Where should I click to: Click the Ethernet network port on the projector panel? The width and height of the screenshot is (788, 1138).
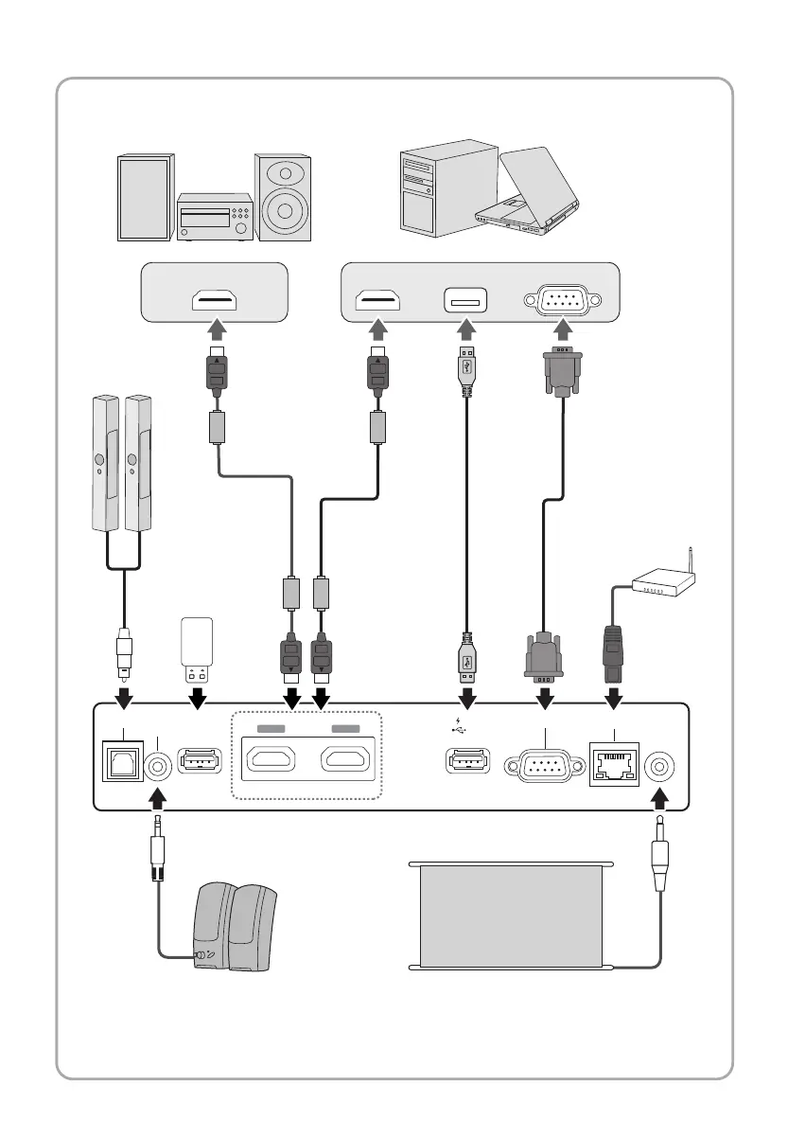(614, 763)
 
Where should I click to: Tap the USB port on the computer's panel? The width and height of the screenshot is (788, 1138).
(465, 301)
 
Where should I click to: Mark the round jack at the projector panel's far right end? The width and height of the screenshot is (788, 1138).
(658, 763)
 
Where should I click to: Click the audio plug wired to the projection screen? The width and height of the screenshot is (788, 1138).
(658, 856)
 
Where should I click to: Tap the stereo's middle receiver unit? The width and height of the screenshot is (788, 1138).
(214, 218)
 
